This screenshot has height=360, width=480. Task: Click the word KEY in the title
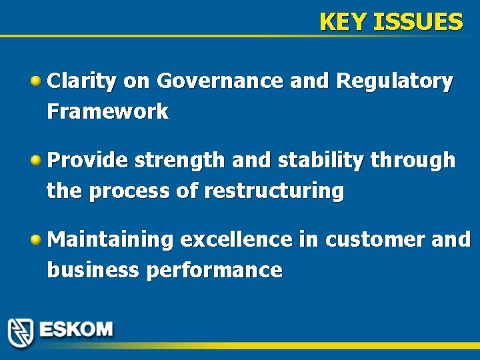[343, 23]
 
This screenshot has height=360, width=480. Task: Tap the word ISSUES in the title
[418, 23]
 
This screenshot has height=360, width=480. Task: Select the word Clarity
[83, 81]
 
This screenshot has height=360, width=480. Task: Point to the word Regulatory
[395, 81]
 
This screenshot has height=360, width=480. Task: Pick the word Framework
[107, 111]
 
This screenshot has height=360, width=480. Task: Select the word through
[413, 161]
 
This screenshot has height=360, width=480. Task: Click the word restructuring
[274, 191]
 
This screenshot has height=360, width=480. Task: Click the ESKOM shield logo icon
[21, 331]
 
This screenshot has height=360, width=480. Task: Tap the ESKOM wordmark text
[76, 330]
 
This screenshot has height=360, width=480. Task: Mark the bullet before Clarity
[37, 81]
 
